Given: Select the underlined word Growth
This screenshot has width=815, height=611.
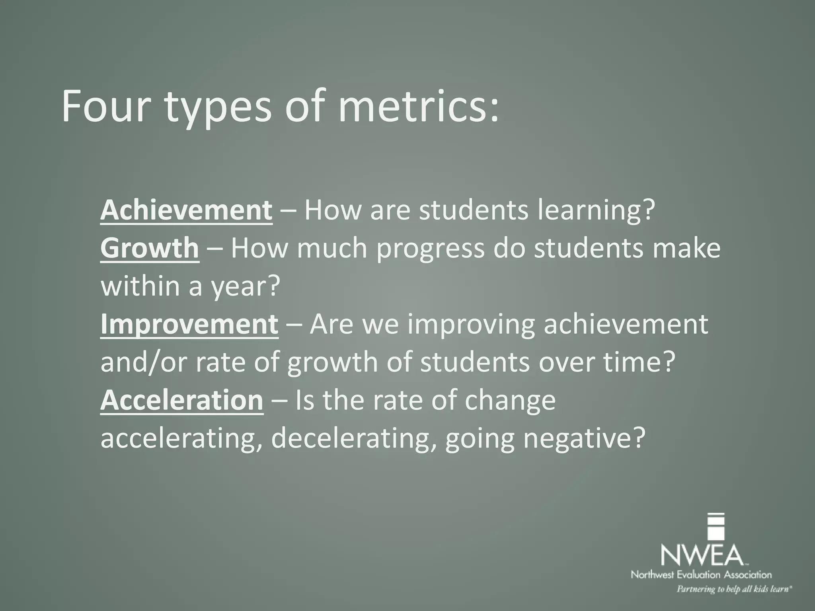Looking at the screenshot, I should (x=149, y=248).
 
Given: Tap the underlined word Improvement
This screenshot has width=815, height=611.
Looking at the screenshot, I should (x=189, y=324).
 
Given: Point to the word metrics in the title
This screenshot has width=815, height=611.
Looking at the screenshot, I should (x=417, y=107).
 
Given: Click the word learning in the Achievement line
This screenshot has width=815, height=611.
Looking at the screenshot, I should (x=595, y=211).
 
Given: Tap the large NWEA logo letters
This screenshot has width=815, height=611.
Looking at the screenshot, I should (x=702, y=554).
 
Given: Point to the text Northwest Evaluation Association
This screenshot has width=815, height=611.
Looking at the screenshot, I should (x=701, y=574).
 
